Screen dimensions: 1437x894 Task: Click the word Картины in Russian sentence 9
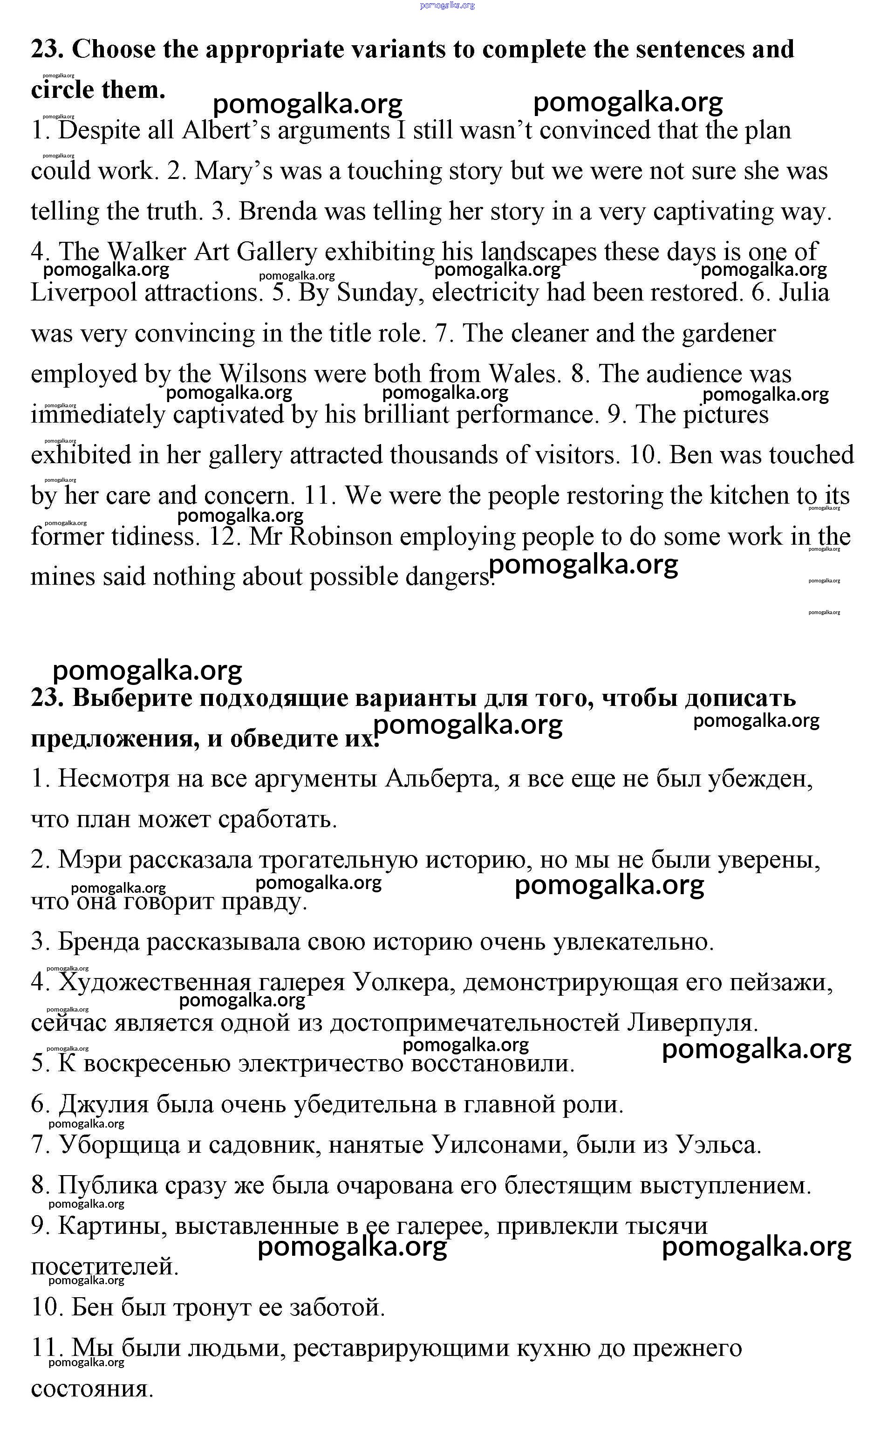click(112, 1226)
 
